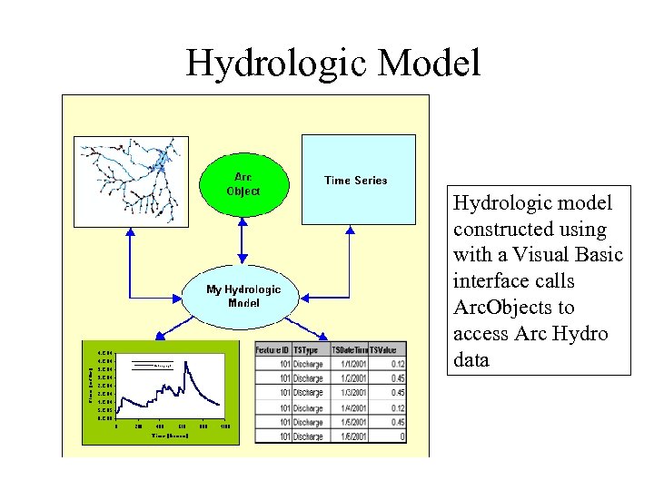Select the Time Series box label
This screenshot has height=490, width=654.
pyautogui.click(x=356, y=180)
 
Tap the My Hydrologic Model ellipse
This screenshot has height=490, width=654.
pyautogui.click(x=243, y=296)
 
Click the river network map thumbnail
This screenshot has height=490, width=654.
pyautogui.click(x=133, y=181)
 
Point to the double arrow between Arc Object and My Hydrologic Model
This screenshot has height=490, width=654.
pyautogui.click(x=243, y=241)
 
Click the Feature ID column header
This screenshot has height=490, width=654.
pyautogui.click(x=272, y=349)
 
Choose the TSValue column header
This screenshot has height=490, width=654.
pyautogui.click(x=387, y=349)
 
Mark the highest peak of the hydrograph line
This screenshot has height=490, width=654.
pyautogui.click(x=186, y=365)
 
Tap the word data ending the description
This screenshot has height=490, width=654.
pyautogui.click(x=471, y=359)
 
